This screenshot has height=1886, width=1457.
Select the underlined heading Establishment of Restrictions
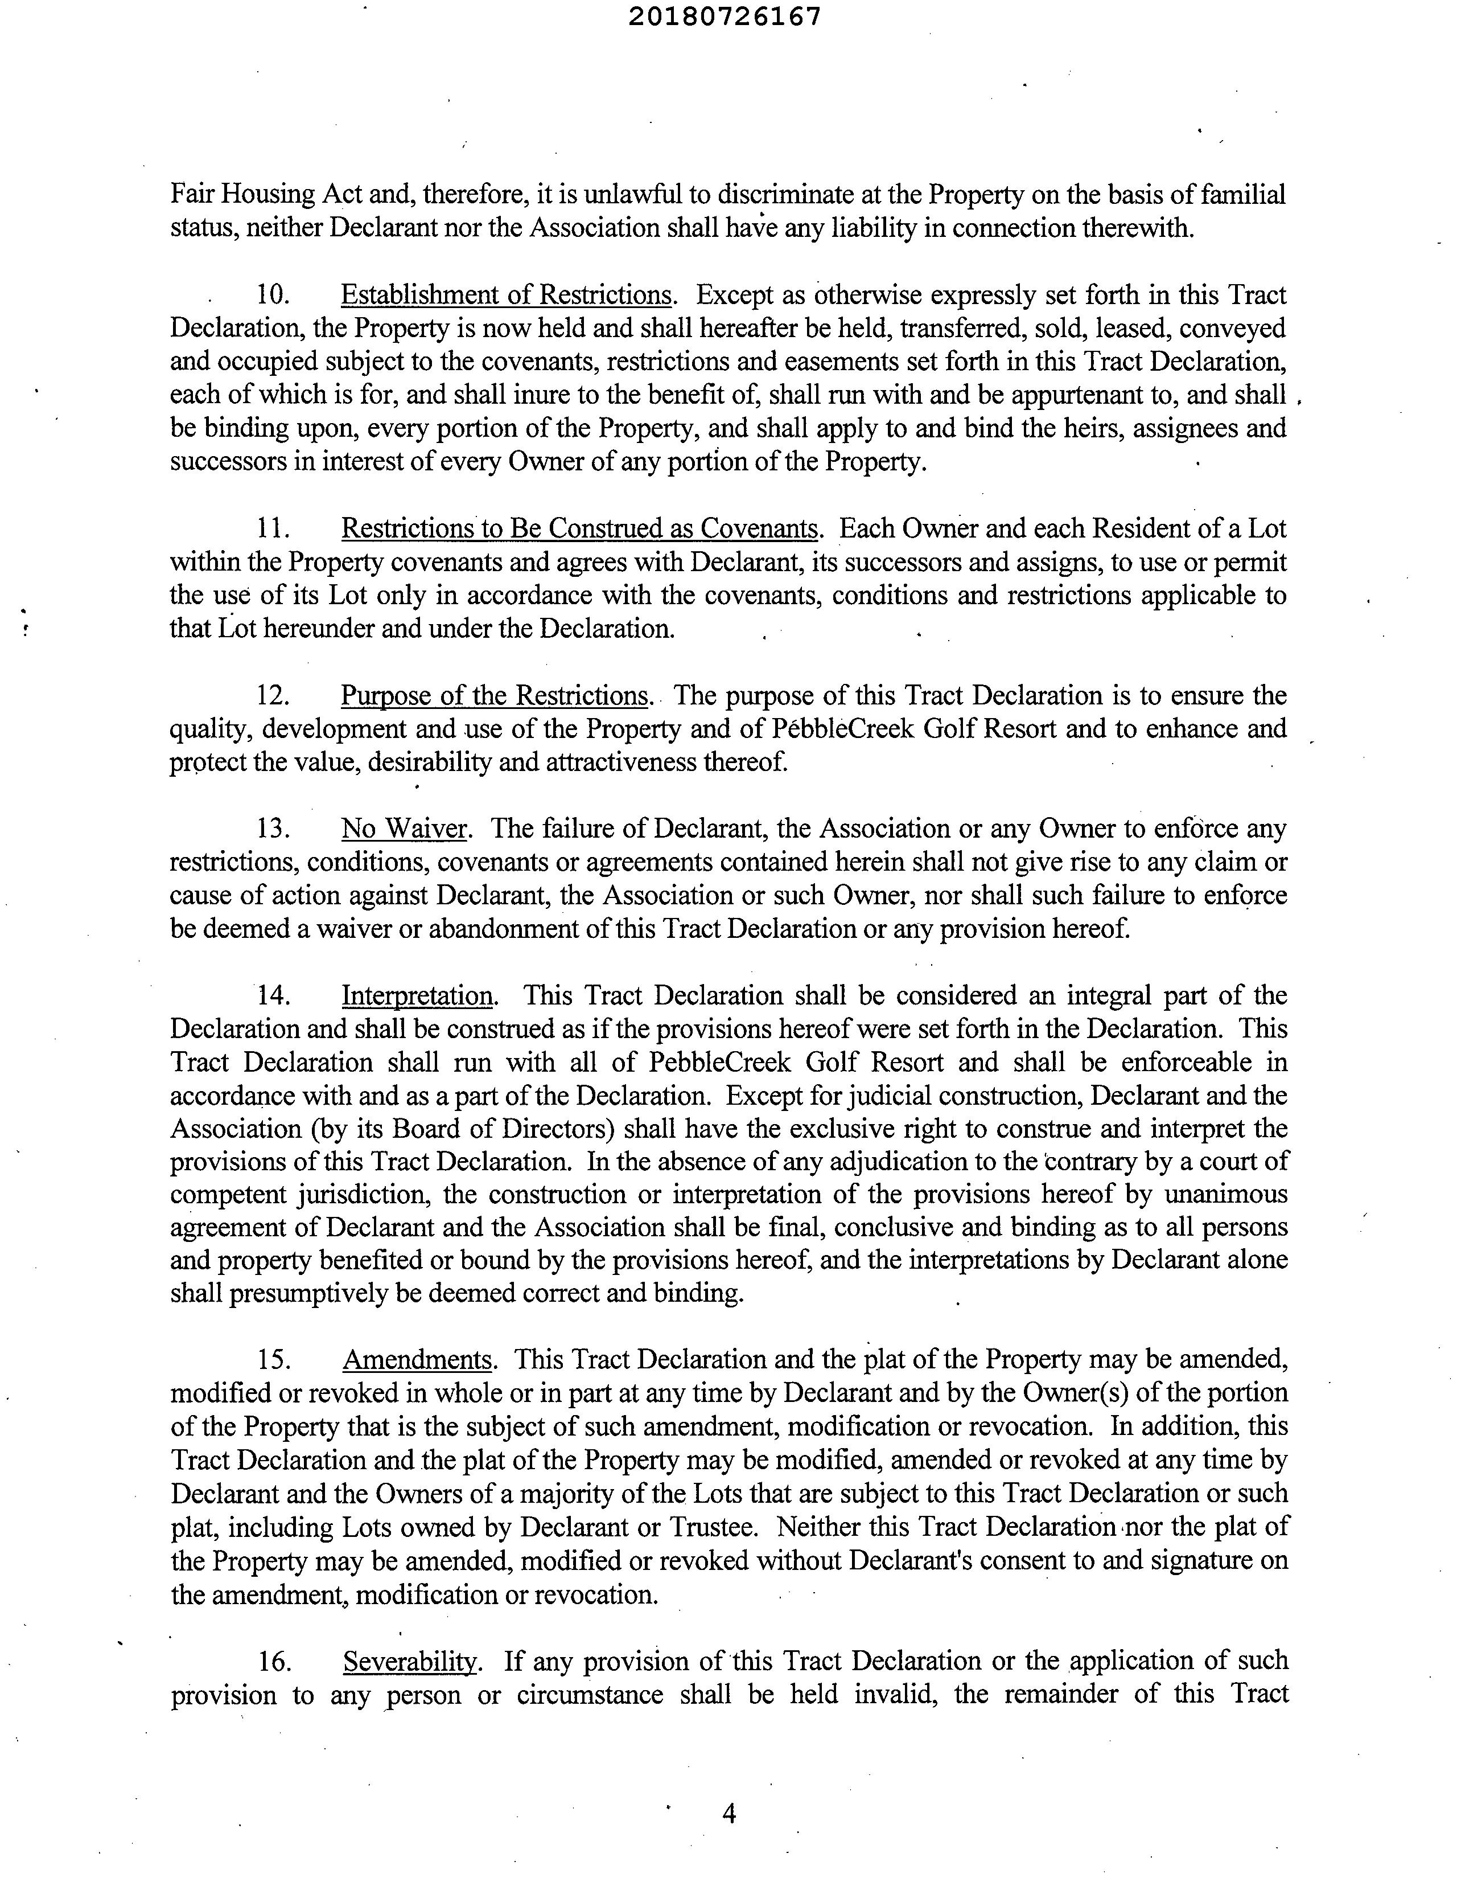point(506,296)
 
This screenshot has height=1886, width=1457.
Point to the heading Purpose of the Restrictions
point(495,695)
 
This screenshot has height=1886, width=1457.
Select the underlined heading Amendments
point(418,1359)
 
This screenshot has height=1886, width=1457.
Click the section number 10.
point(272,296)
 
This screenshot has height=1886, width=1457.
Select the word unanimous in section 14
point(1226,1194)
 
